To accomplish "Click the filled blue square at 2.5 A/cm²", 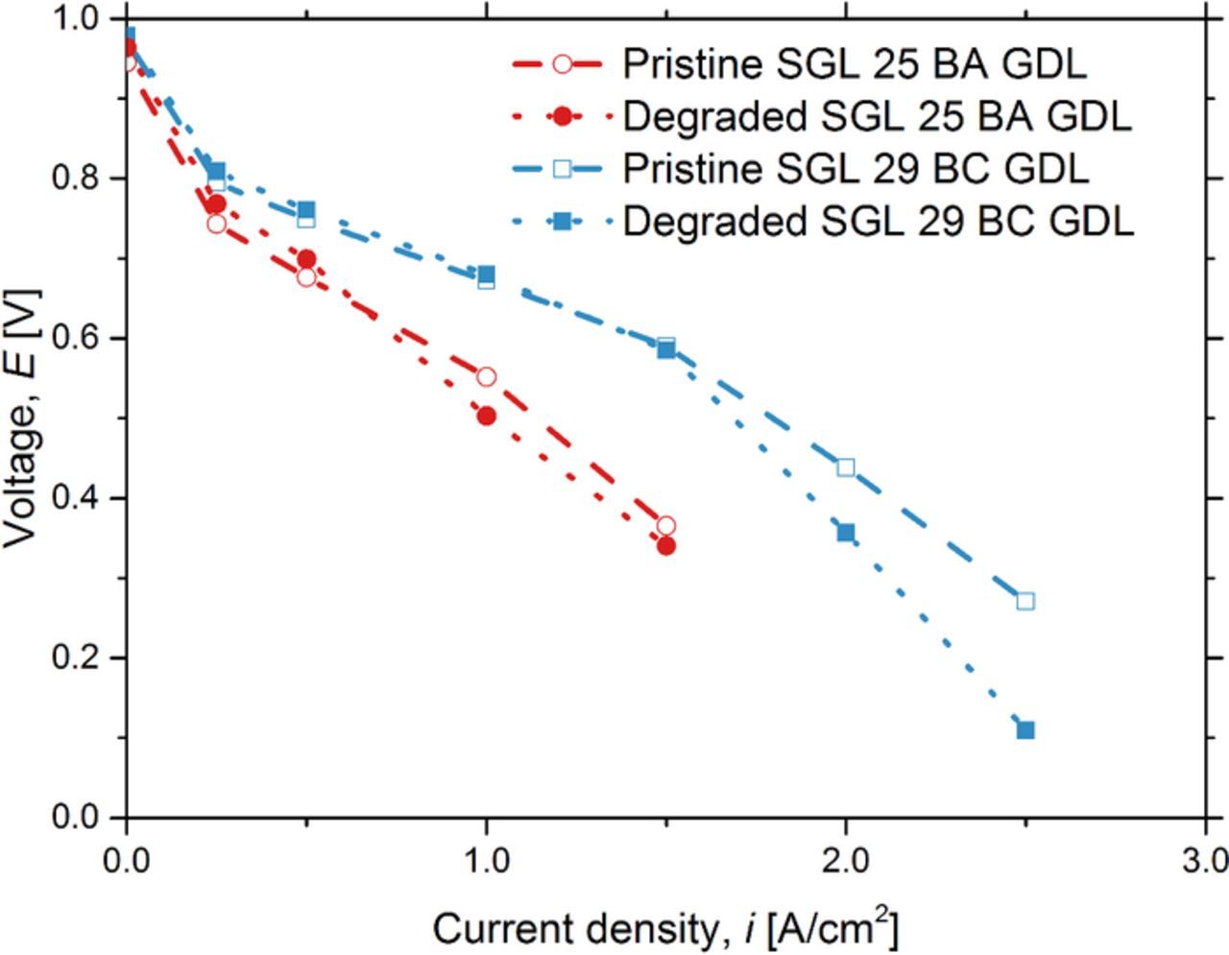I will pos(1025,730).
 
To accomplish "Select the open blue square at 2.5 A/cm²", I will pos(1025,601).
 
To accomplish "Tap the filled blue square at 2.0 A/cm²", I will pos(846,533).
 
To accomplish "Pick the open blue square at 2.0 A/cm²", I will pos(846,467).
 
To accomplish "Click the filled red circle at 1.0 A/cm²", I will pos(486,416).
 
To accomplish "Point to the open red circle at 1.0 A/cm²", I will pos(486,377).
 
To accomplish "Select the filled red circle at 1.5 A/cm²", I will pos(666,546).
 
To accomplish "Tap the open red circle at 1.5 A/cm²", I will pos(666,526).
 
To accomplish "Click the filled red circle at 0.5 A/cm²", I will pos(306,259).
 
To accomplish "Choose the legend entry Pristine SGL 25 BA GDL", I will pos(854,64).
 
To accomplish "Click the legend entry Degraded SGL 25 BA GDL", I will pos(877,117).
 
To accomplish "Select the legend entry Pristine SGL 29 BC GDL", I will pos(855,169).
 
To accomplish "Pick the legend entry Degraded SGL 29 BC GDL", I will pos(878,222).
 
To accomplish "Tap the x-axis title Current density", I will pos(665,929).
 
